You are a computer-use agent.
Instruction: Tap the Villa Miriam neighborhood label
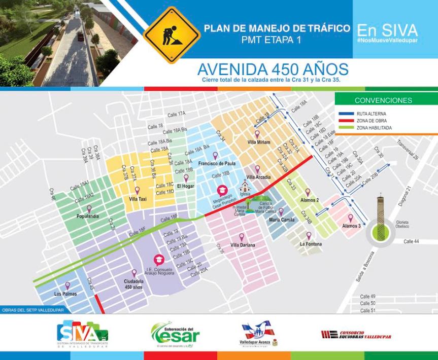[259, 142]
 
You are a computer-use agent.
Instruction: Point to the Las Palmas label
[65, 294]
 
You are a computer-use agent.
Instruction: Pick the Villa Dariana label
[242, 245]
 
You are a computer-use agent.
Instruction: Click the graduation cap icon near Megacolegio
[221, 190]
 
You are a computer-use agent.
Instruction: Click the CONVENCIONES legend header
[383, 100]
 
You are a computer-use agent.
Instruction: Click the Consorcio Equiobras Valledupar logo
[356, 334]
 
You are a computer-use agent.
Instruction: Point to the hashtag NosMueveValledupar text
[387, 40]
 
